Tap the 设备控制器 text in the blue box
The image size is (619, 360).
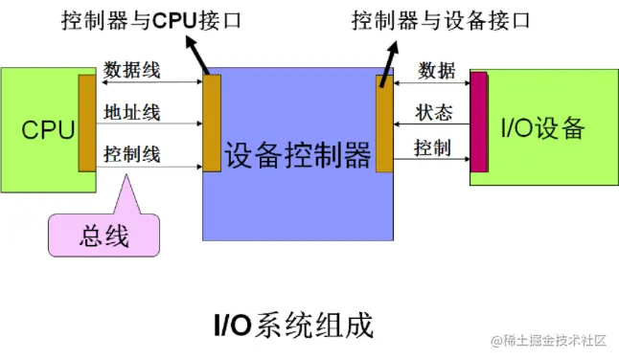pyautogui.click(x=297, y=154)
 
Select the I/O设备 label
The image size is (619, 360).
pyautogui.click(x=541, y=128)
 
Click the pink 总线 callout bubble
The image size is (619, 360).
pyautogui.click(x=103, y=235)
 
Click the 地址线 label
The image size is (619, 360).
pyautogui.click(x=132, y=114)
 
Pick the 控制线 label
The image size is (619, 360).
pyautogui.click(x=132, y=153)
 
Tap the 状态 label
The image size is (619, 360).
pyautogui.click(x=433, y=112)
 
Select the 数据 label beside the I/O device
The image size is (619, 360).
pyautogui.click(x=436, y=70)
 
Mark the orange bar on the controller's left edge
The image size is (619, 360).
pyautogui.click(x=212, y=123)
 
